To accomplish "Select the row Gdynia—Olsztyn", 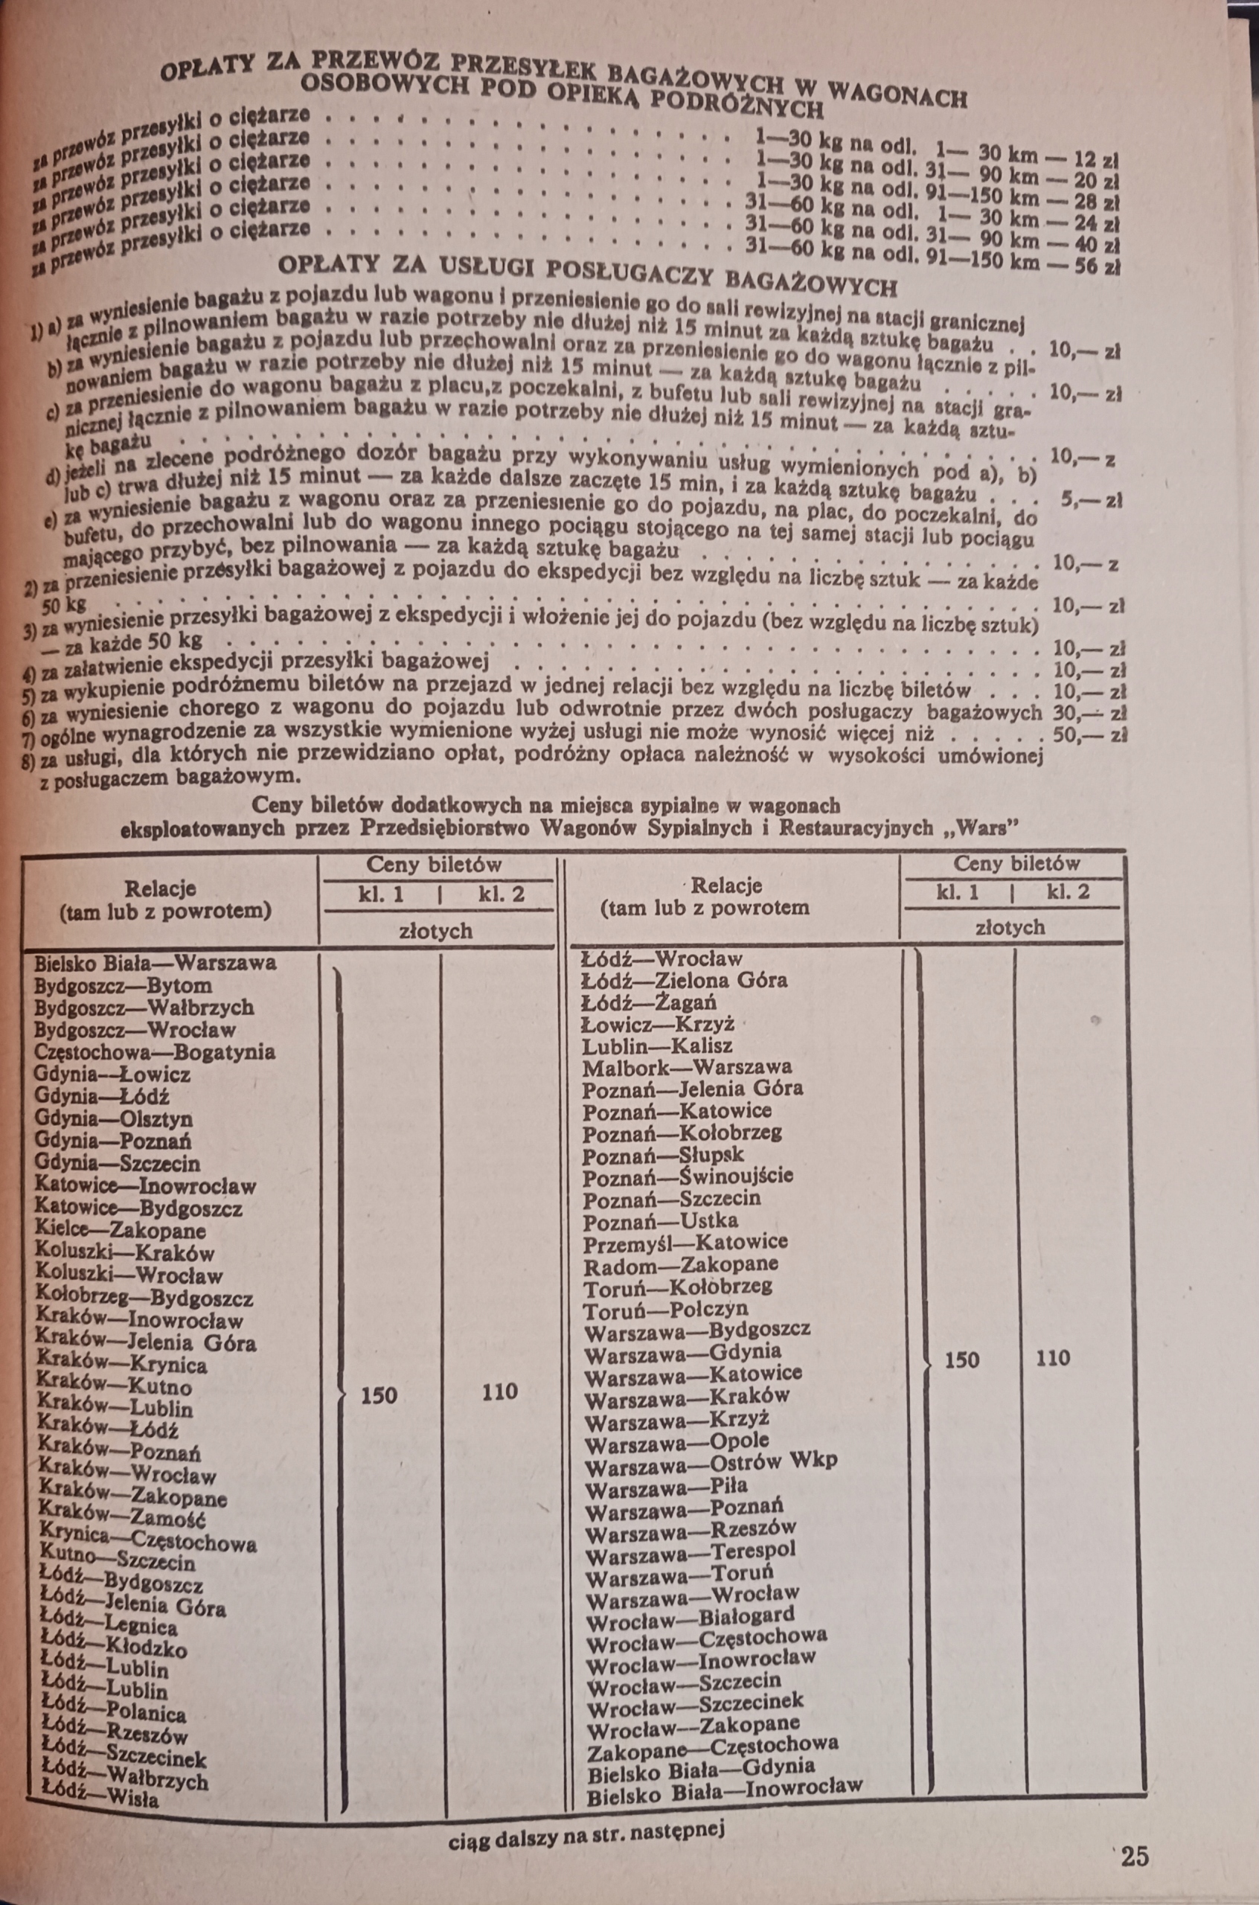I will point(113,1118).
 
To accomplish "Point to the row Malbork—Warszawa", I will point(687,1067).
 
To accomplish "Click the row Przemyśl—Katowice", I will point(685,1242).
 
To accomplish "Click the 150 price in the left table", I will point(378,1395).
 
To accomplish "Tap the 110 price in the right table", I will point(1052,1358).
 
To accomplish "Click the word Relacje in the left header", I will point(161,888).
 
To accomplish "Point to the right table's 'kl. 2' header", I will point(1068,892).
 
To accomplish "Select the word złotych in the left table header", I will point(436,931).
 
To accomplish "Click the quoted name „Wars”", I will point(977,827).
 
